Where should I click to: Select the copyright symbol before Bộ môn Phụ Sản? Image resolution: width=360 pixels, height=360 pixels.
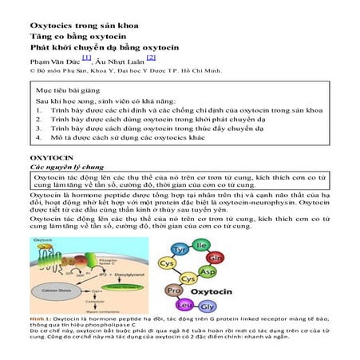tap(33, 70)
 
